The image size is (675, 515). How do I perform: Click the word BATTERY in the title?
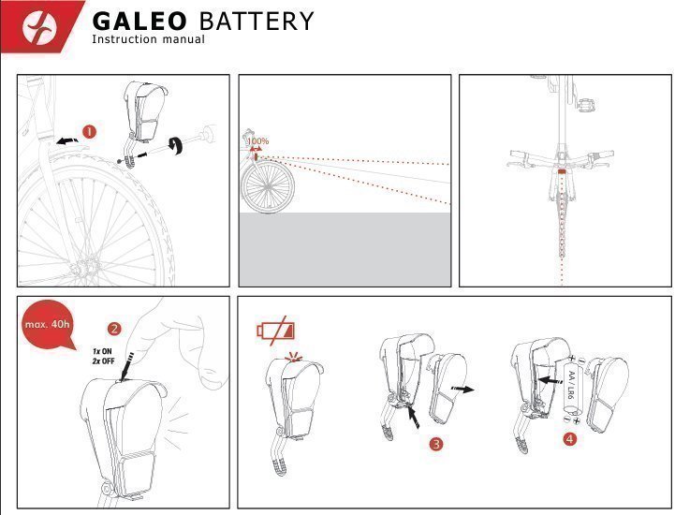(257, 22)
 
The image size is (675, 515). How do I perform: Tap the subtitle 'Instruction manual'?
(148, 39)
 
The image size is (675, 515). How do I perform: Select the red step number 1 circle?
(89, 132)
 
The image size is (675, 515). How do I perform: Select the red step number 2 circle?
(114, 329)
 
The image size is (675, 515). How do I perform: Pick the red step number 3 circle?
(435, 444)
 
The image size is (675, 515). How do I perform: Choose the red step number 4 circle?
(571, 439)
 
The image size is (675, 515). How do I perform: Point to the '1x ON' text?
(102, 351)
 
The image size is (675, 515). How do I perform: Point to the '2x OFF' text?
(102, 361)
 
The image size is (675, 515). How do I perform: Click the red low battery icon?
(275, 331)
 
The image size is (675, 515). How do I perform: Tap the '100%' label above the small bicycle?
(257, 141)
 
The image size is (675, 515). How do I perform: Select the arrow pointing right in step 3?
(460, 386)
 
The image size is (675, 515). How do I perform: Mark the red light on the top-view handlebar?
(561, 172)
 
